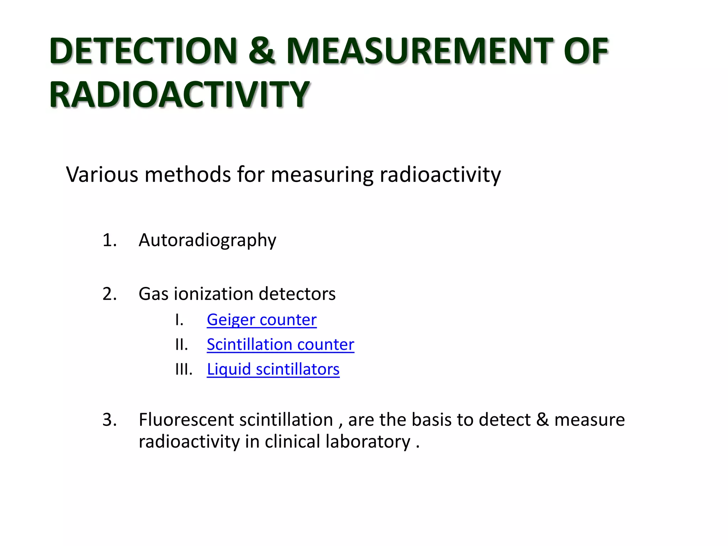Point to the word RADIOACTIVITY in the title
(x=180, y=94)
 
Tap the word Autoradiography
(x=207, y=240)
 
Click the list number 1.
(x=109, y=240)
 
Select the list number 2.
(x=109, y=294)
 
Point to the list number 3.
(x=109, y=420)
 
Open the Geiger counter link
(x=262, y=320)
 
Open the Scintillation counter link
(x=280, y=344)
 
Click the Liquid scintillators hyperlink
(x=273, y=369)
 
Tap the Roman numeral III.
(x=183, y=369)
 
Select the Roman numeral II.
(x=181, y=344)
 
